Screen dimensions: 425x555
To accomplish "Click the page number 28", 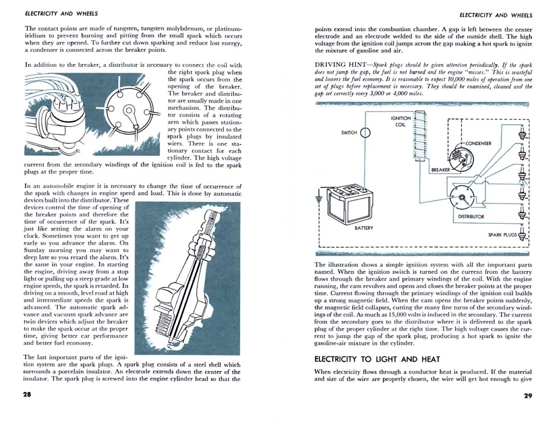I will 27,394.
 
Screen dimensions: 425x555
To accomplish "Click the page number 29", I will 528,396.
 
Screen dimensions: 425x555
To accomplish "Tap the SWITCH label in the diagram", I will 349,133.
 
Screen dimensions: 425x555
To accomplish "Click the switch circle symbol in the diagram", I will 365,133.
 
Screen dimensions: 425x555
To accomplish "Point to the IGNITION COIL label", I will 401,121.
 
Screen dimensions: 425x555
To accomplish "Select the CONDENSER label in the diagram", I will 478,143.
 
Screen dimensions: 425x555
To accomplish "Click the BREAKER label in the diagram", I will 440,170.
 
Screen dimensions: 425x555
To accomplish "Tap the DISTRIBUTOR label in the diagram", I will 471,217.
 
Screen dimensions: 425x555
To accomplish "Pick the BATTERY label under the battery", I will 364,228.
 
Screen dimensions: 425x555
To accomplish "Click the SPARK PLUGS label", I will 502,235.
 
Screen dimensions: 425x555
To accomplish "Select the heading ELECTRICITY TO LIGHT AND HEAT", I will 377,359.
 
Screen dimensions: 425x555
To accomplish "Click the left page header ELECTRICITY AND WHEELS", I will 61,14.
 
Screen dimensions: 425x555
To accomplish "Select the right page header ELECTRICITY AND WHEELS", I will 496,15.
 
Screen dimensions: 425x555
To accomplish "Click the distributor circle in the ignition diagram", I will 462,197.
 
